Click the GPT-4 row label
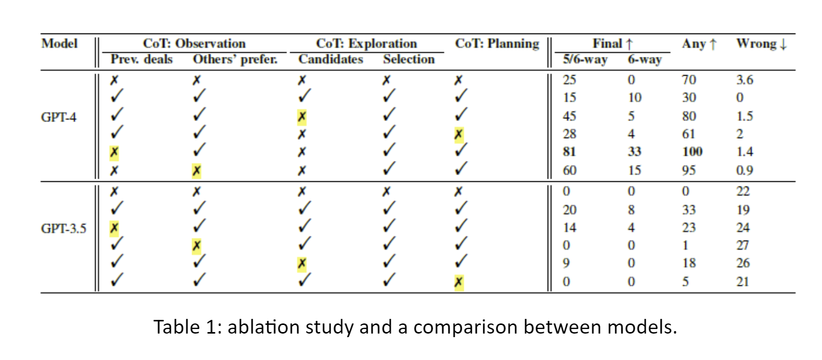click(58, 117)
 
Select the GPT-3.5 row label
click(64, 228)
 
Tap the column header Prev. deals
click(141, 59)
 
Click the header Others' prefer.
click(235, 59)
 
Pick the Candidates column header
click(331, 59)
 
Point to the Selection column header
click(409, 59)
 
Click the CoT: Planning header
click(497, 44)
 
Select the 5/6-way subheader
click(585, 59)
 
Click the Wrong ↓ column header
click(761, 44)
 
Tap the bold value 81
click(570, 152)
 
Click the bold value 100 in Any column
click(692, 152)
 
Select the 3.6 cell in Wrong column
click(744, 80)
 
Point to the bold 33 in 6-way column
click(634, 152)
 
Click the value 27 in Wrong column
click(743, 246)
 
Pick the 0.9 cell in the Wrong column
click(744, 171)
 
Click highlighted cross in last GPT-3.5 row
click(459, 282)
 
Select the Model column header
click(59, 44)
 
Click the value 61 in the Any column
click(688, 134)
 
